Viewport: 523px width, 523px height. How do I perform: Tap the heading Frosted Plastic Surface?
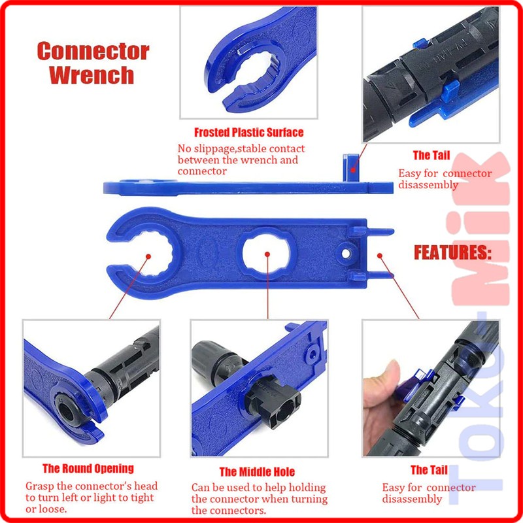tap(248, 132)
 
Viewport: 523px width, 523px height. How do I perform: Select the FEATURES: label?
tap(452, 252)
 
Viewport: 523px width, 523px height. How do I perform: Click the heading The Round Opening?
tap(88, 468)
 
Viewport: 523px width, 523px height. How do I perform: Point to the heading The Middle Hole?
tap(257, 471)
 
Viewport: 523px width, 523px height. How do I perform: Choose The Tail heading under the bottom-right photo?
tap(429, 469)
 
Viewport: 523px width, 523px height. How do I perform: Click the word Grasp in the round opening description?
tap(41, 486)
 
